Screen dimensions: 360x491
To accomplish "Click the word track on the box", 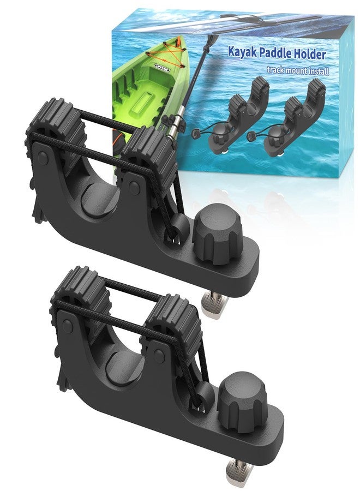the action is (275, 69).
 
